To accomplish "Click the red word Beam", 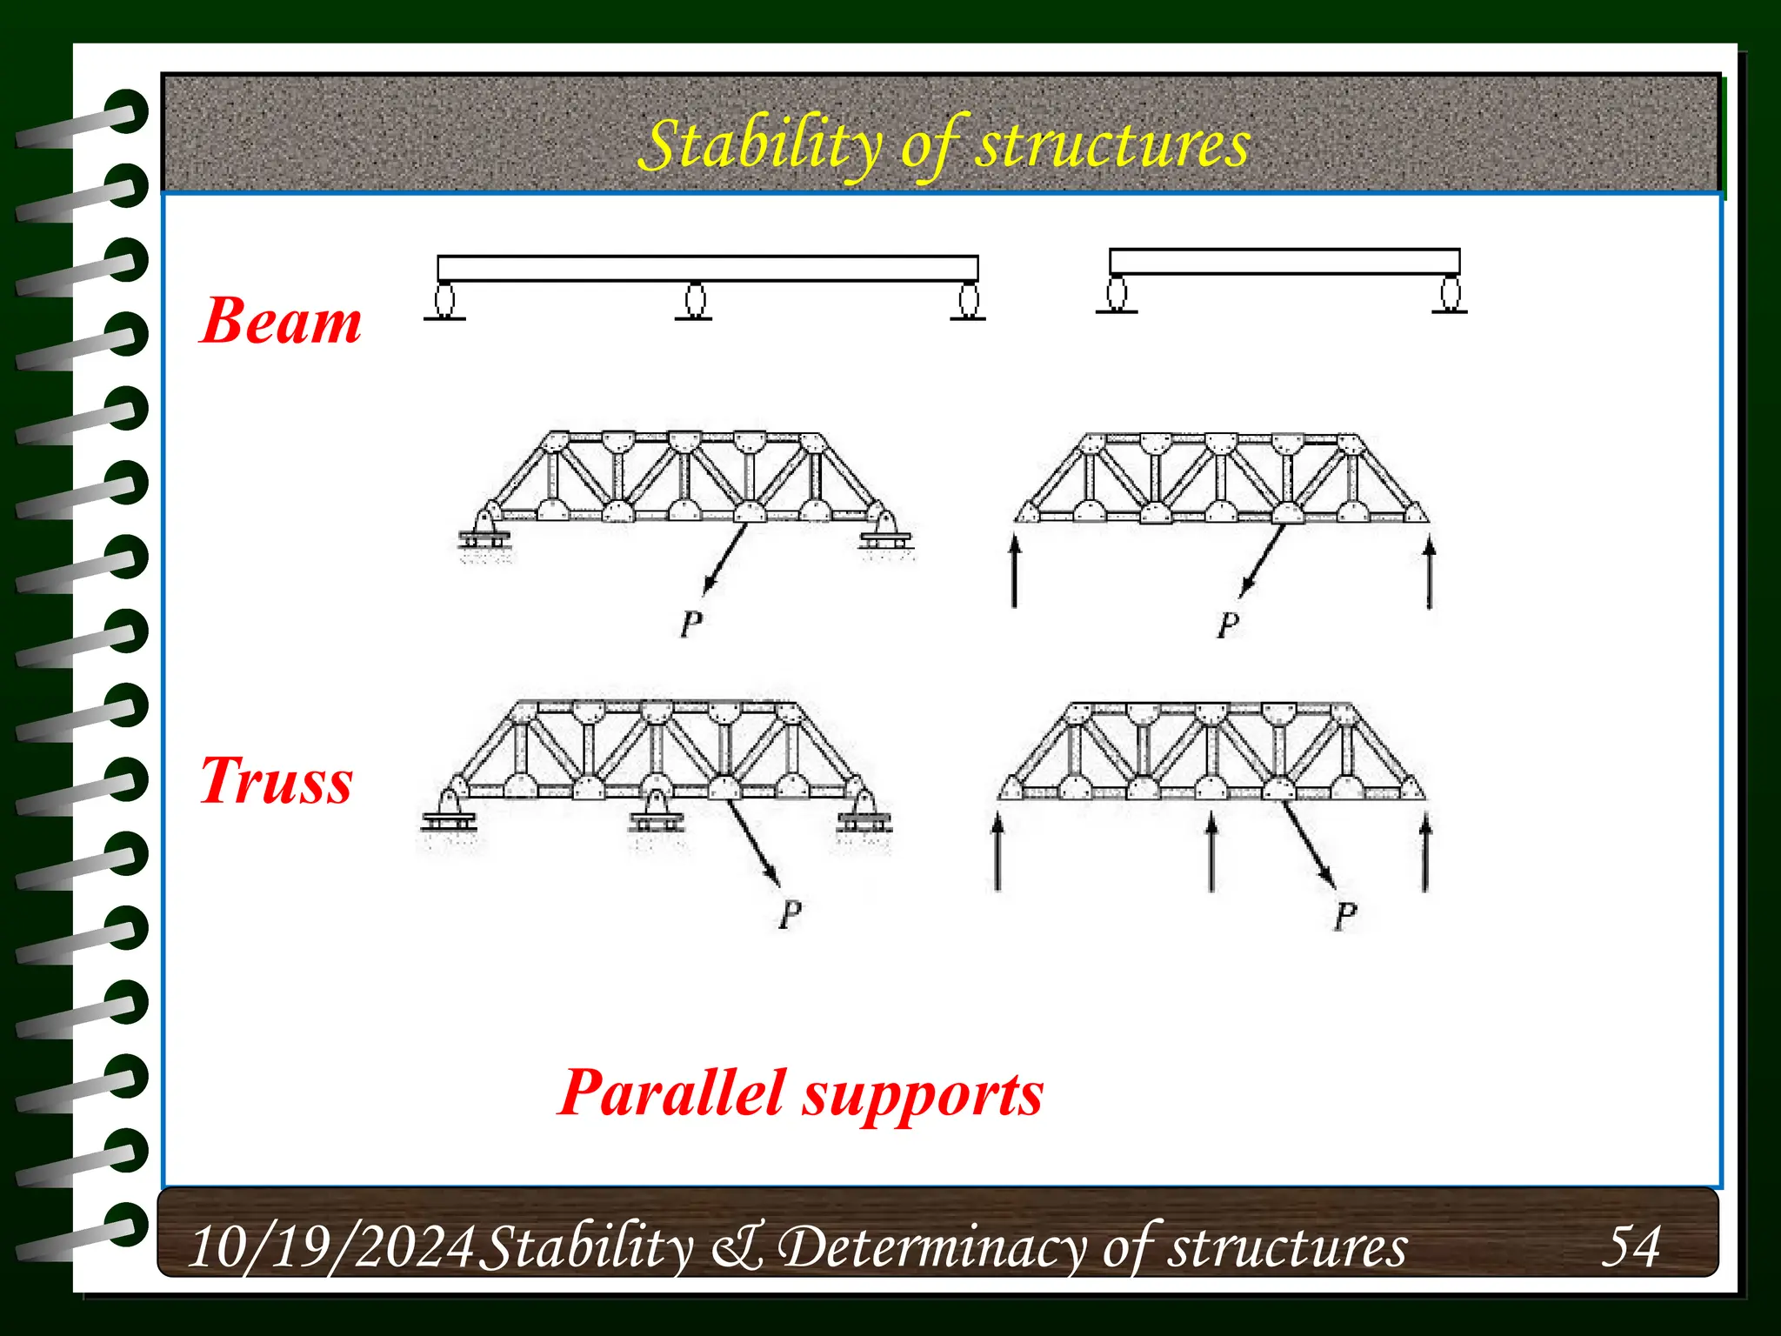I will [280, 322].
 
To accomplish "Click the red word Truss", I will [277, 781].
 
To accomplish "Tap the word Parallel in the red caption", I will [672, 1093].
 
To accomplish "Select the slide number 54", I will [1631, 1246].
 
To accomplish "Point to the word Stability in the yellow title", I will [757, 146].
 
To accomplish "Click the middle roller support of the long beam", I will [694, 301].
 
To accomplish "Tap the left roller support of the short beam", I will [1117, 293].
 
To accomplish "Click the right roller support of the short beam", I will [1450, 293].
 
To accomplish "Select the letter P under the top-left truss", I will [691, 624].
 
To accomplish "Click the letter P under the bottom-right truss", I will [1344, 916].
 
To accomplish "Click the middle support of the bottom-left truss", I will [657, 811].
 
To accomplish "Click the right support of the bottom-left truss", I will [864, 811].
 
